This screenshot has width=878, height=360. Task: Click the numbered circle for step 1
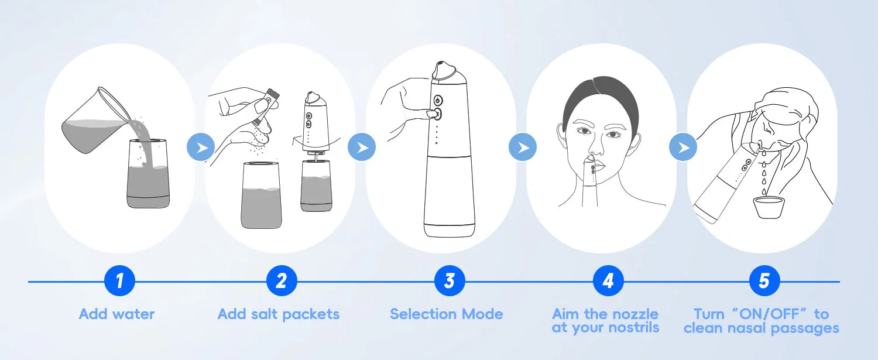point(119,281)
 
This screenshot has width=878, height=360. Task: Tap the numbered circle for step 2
point(281,281)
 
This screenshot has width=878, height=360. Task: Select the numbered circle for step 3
point(449,281)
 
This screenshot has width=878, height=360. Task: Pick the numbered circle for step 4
point(608,281)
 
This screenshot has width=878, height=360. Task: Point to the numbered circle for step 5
point(764,281)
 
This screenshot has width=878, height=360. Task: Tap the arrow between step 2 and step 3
point(362,148)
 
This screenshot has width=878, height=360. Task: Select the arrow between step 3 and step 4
point(523,148)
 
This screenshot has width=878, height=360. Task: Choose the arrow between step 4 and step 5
point(683,148)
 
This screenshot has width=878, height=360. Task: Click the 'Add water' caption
point(116,314)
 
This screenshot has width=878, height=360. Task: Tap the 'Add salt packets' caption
point(279,314)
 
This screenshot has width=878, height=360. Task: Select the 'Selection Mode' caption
point(447,314)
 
